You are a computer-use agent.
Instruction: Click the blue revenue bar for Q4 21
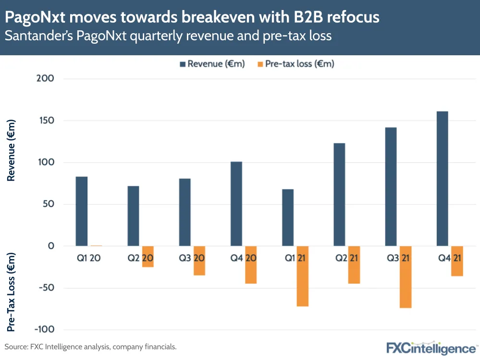[x=442, y=178]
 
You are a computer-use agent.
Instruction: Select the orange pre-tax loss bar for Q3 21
[x=405, y=277]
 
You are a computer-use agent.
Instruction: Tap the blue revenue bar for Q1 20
[x=82, y=211]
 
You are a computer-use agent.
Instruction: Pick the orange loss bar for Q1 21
[x=302, y=276]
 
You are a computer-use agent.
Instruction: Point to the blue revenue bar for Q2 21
[x=339, y=194]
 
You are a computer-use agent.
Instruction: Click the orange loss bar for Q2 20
[x=148, y=257]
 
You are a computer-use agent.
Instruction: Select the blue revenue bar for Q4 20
[x=236, y=204]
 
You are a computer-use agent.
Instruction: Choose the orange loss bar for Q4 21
[x=457, y=261]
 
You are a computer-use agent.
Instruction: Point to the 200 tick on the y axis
[x=45, y=79]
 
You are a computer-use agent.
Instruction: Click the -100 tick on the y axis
[x=43, y=330]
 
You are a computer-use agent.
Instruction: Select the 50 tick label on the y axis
[x=48, y=204]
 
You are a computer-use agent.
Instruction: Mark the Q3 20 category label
[x=191, y=258]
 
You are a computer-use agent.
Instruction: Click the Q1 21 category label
[x=295, y=258]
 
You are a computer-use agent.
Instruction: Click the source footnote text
[x=91, y=346]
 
